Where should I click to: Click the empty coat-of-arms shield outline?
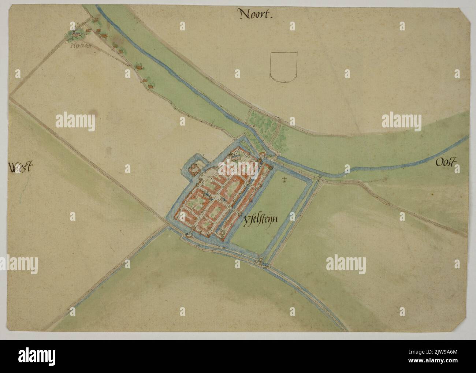(283, 66)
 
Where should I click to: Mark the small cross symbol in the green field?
(284, 179)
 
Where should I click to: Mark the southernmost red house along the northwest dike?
(149, 86)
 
